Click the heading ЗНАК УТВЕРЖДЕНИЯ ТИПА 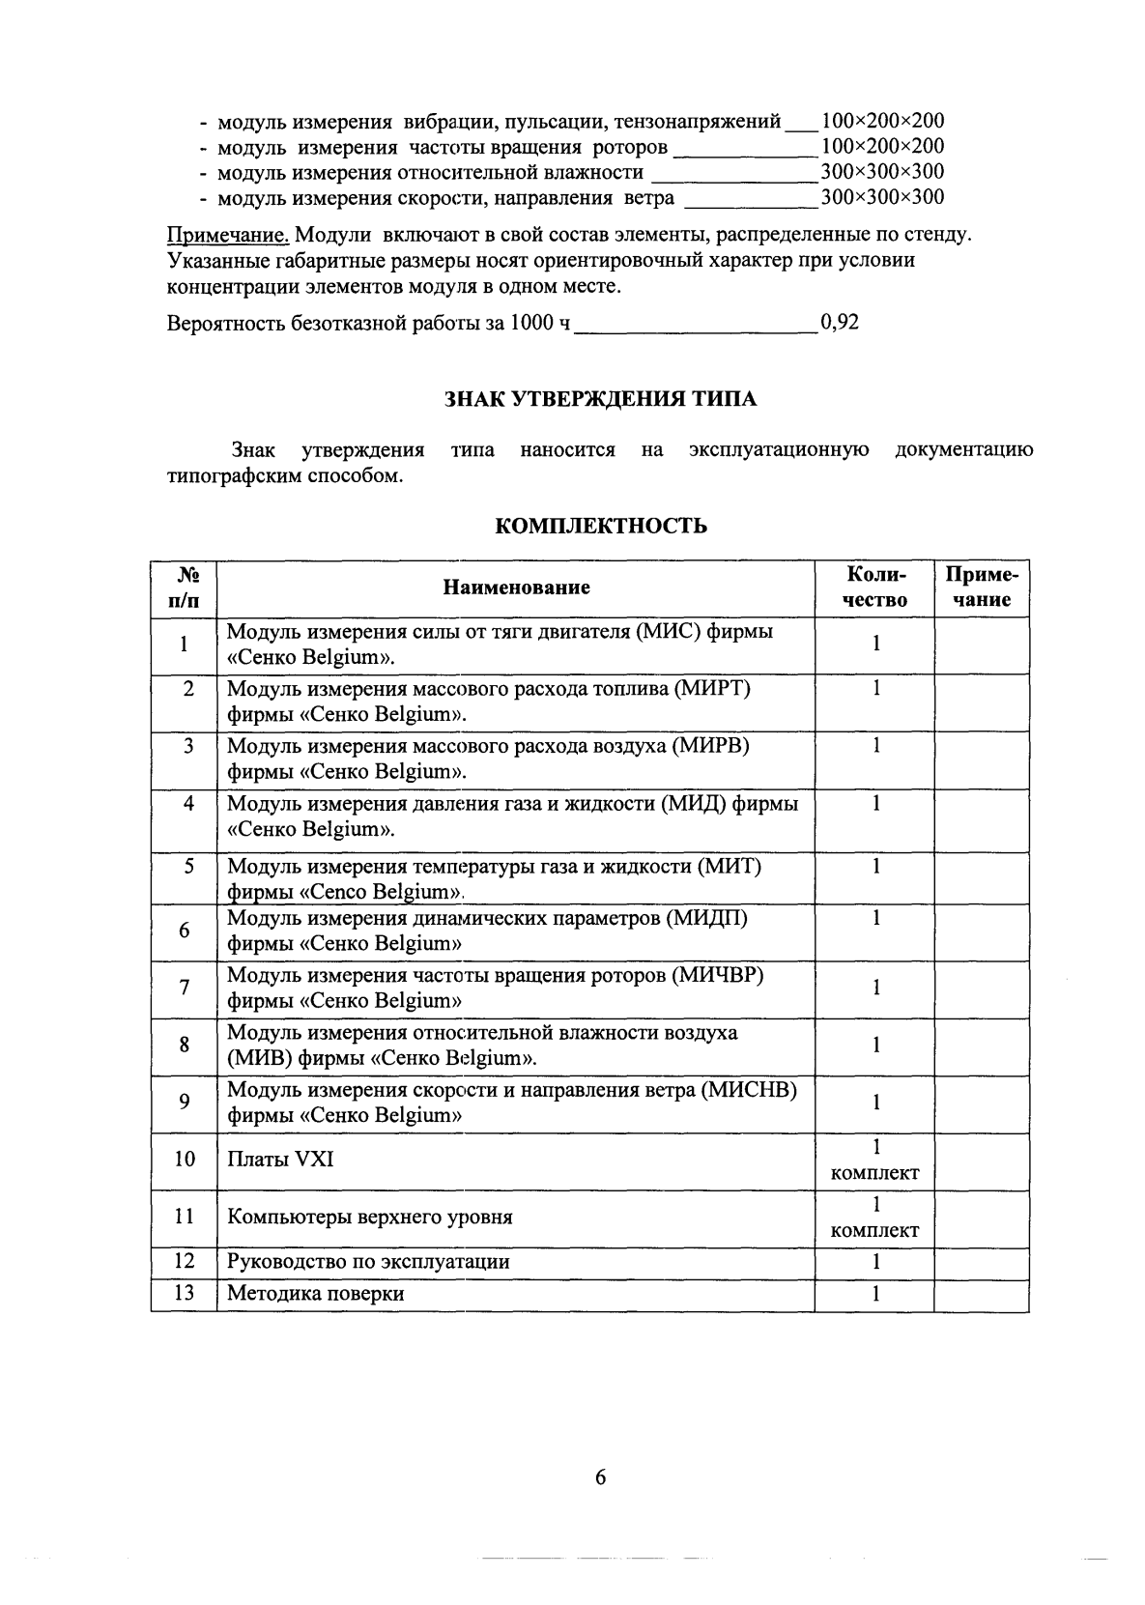tap(600, 399)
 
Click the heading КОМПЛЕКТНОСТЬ tap(600, 526)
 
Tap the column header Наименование tap(516, 588)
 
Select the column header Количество tap(874, 588)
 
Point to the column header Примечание tap(981, 588)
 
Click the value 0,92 tap(839, 323)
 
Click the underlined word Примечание tap(229, 235)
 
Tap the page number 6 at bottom tap(600, 1476)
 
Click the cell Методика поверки tap(315, 1294)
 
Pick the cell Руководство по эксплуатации tap(368, 1262)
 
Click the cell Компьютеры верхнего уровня tap(369, 1217)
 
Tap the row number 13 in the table tap(184, 1294)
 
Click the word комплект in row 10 tap(874, 1173)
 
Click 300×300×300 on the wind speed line tap(882, 198)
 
